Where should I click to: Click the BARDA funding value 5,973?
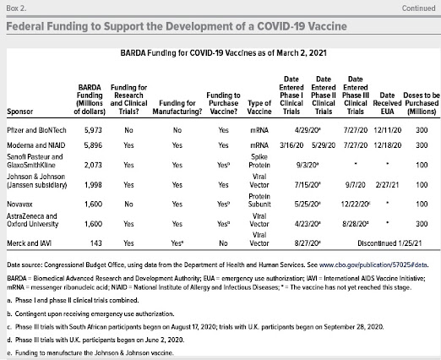tap(93, 130)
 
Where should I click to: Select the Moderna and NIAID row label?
tap(36, 145)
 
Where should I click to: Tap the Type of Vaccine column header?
tap(259, 107)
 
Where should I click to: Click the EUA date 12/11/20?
tap(388, 130)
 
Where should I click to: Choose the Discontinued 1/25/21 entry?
tap(389, 243)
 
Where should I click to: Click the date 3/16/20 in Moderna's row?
tap(291, 145)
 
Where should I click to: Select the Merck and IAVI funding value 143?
tap(96, 243)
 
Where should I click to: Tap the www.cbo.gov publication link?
tap(373, 265)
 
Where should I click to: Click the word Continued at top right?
tap(418, 8)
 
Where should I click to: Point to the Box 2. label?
tap(16, 8)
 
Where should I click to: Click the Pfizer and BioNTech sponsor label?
tap(36, 130)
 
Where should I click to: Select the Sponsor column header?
tap(20, 112)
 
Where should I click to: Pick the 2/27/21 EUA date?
tap(387, 185)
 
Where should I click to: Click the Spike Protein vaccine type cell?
tap(259, 161)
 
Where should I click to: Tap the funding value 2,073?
tap(93, 165)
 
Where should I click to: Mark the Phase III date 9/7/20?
tap(356, 185)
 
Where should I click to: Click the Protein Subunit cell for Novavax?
tap(259, 200)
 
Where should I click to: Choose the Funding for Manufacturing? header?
tap(177, 107)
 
